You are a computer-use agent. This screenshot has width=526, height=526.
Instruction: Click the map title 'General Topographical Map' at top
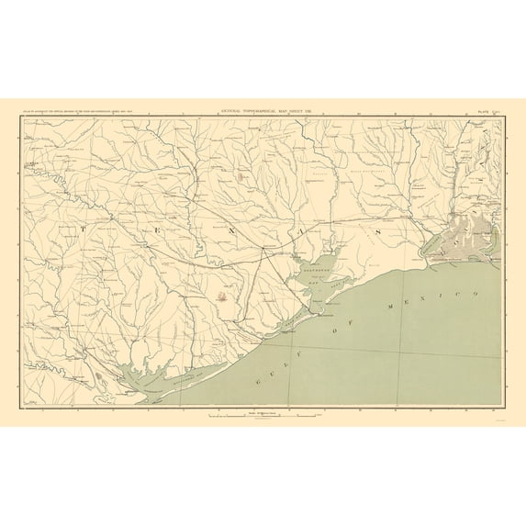pyautogui.click(x=263, y=110)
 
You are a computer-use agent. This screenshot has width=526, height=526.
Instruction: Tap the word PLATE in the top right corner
pyautogui.click(x=486, y=110)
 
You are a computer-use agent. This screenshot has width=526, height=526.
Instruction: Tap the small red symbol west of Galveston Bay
pyautogui.click(x=223, y=296)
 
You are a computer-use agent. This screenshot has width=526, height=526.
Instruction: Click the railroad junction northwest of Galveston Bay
pyautogui.click(x=264, y=248)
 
